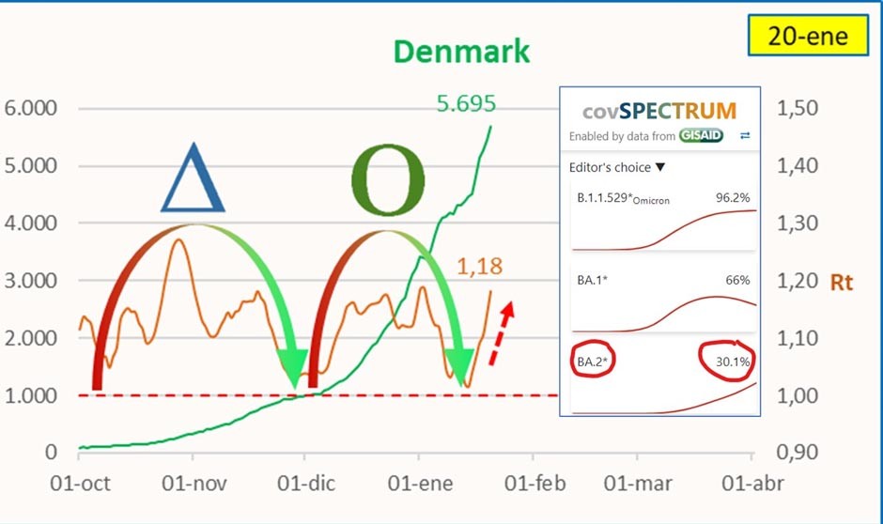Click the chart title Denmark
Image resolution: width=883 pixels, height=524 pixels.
tap(461, 51)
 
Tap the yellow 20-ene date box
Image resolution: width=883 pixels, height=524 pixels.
tap(807, 37)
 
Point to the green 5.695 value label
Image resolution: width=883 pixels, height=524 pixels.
tap(466, 103)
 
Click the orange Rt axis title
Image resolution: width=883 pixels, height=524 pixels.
tap(842, 282)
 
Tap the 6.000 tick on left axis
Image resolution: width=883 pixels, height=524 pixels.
tap(31, 108)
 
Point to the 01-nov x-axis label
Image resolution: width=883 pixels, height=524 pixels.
tap(196, 484)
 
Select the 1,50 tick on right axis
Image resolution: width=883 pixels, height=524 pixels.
tap(798, 108)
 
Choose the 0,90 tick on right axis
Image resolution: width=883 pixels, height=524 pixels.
tap(798, 453)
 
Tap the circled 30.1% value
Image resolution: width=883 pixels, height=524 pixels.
tap(730, 360)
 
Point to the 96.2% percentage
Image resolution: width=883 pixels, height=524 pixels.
tap(732, 198)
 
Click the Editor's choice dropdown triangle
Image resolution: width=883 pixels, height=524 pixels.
tap(659, 167)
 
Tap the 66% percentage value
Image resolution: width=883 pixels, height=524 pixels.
tap(737, 279)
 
